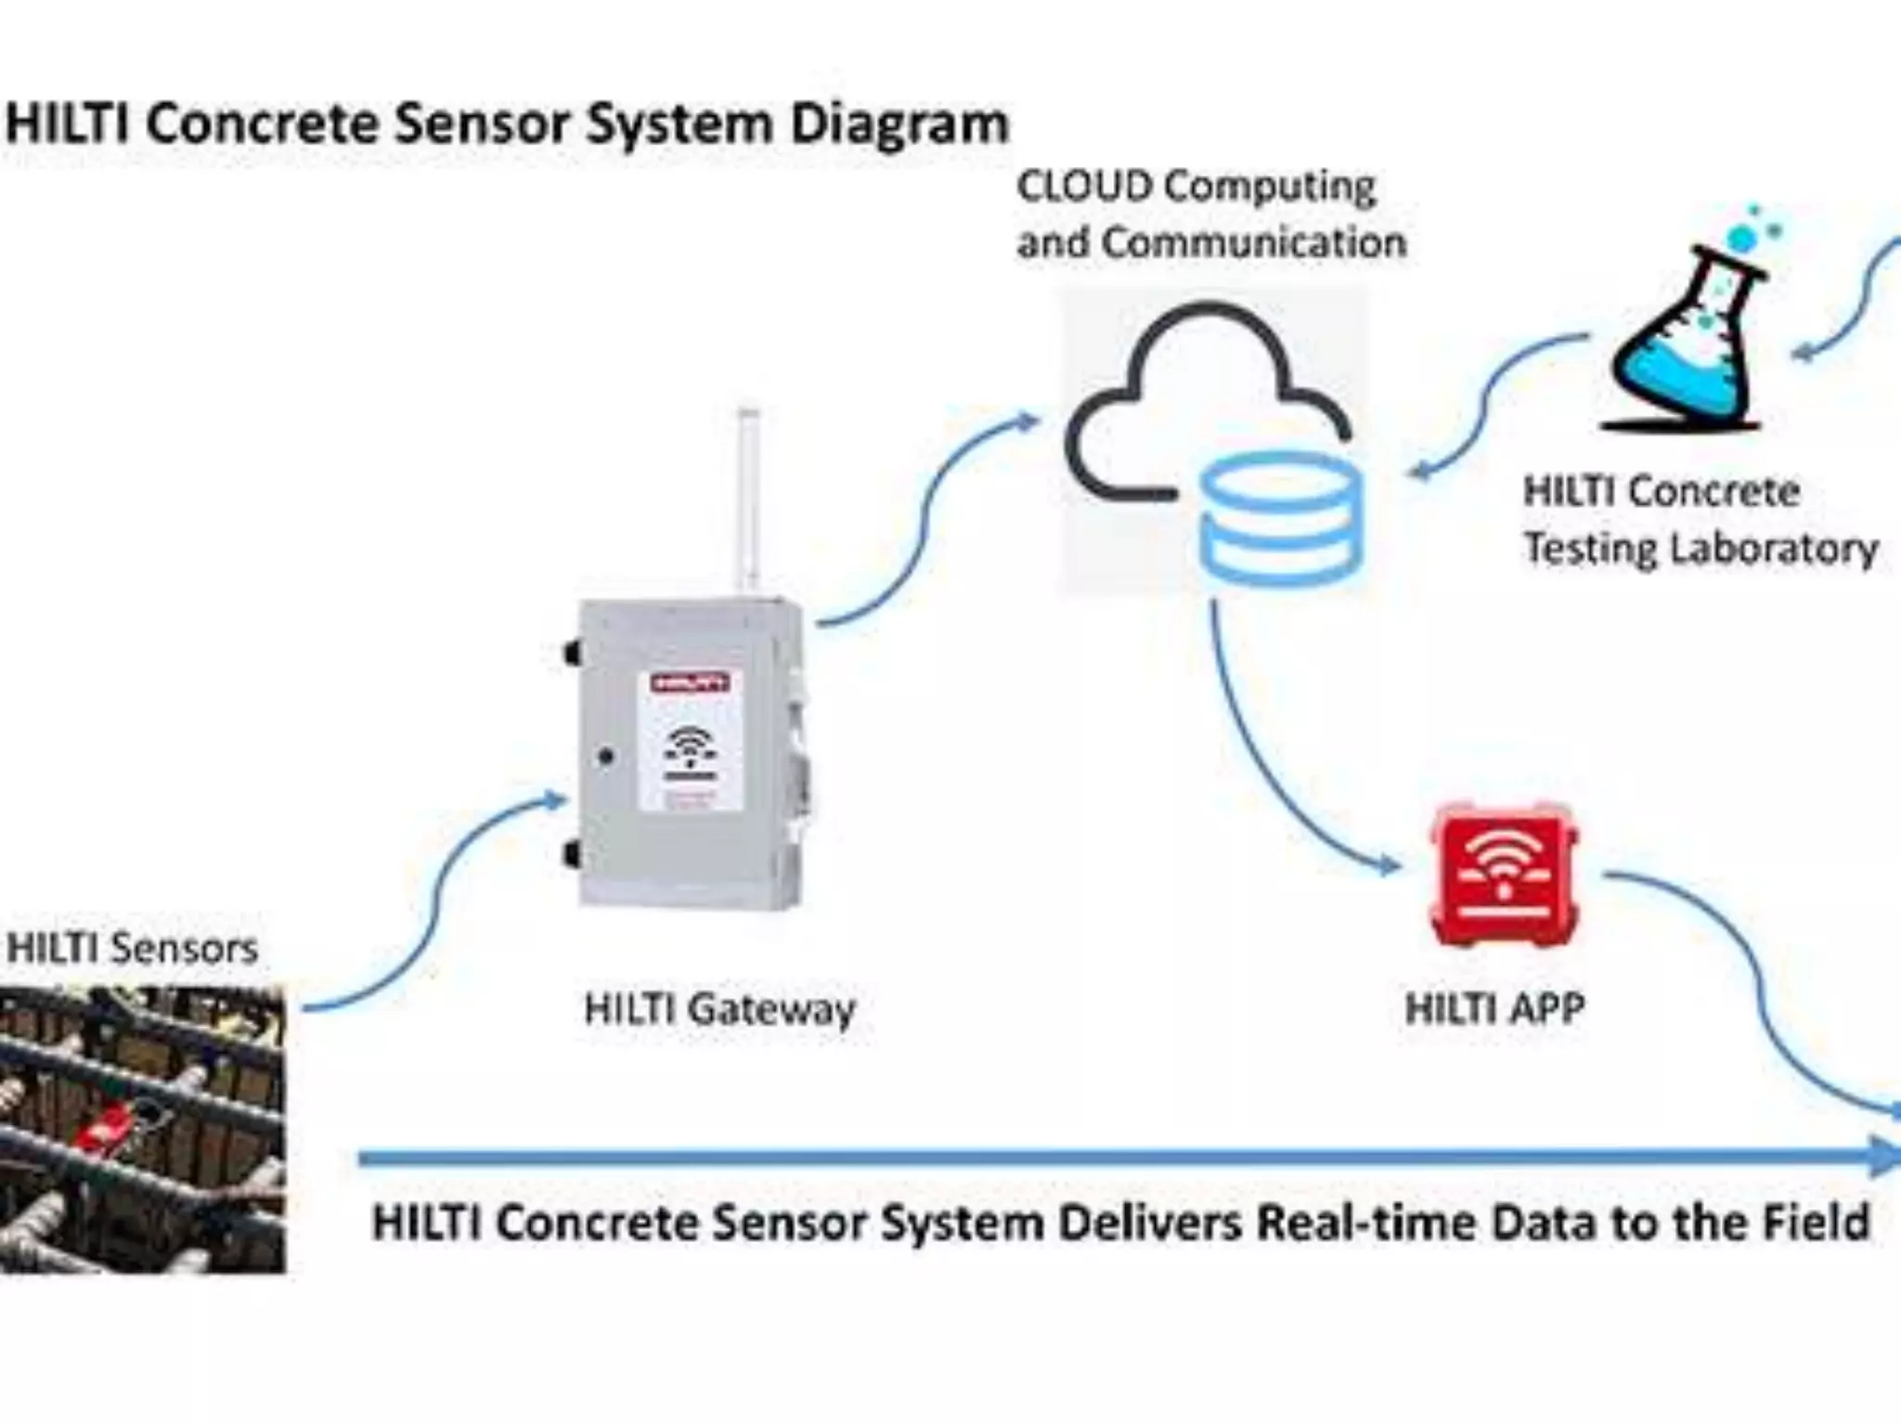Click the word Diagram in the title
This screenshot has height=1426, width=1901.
[899, 124]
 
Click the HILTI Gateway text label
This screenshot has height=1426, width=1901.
[719, 1009]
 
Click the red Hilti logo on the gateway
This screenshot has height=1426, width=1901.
[690, 684]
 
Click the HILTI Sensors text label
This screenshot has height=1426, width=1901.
[132, 949]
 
